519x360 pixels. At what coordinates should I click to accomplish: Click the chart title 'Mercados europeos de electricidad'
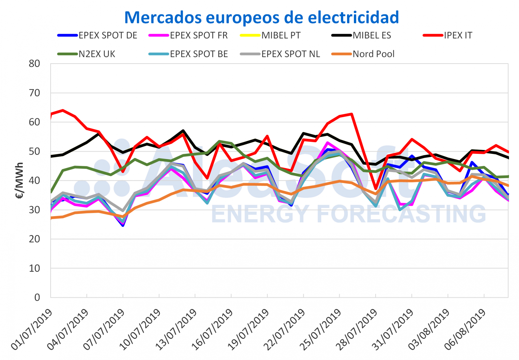click(x=261, y=17)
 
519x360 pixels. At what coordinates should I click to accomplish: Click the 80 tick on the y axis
click(x=34, y=64)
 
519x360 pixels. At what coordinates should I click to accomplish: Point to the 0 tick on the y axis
click(x=37, y=297)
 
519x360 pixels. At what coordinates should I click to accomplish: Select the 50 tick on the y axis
click(x=34, y=151)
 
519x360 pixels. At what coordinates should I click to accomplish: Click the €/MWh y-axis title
click(x=19, y=180)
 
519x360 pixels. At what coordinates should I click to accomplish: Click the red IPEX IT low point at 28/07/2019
click(x=376, y=189)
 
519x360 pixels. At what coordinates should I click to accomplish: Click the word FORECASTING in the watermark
click(x=401, y=214)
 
